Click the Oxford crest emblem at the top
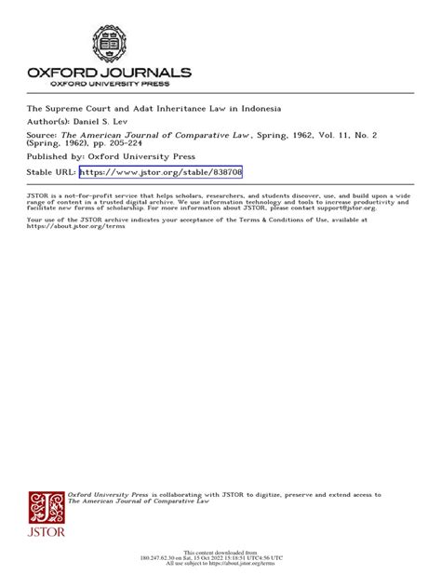pyautogui.click(x=109, y=44)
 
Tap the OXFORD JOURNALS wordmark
pyautogui.click(x=109, y=73)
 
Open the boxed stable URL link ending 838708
pyautogui.click(x=160, y=172)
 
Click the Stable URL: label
pyautogui.click(x=50, y=172)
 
